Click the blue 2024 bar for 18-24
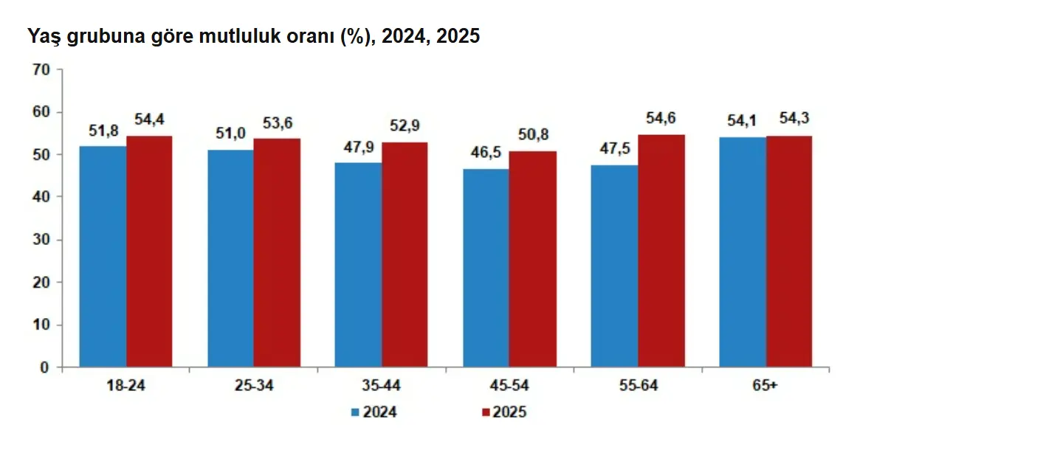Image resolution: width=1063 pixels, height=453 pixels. tap(103, 256)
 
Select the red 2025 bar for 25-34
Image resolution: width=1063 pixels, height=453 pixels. tap(277, 252)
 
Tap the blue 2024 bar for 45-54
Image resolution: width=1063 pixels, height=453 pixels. tap(486, 268)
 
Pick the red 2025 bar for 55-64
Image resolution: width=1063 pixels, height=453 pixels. tap(661, 250)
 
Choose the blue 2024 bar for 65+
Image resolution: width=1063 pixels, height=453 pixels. tap(743, 252)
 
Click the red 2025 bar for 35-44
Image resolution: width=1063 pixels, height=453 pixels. tap(405, 255)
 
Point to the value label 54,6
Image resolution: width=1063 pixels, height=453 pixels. tap(661, 117)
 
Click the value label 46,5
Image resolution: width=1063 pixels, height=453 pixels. tap(486, 152)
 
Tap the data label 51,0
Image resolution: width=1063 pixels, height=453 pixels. tap(230, 134)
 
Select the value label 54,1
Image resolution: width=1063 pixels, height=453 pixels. tap(742, 120)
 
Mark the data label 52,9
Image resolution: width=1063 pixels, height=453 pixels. tap(405, 125)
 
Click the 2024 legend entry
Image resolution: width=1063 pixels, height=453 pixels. tap(374, 412)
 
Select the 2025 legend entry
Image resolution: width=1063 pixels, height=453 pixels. tap(504, 412)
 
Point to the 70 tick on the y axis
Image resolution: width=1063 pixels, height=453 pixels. tap(41, 70)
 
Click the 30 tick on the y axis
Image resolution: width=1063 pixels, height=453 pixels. tap(41, 240)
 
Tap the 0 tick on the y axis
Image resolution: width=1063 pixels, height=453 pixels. tap(44, 367)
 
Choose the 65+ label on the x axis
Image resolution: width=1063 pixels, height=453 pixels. tap(765, 385)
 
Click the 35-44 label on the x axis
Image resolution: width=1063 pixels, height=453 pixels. tap(381, 385)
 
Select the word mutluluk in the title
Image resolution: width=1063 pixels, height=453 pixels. tap(240, 36)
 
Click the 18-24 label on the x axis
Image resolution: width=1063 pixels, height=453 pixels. tap(125, 385)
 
